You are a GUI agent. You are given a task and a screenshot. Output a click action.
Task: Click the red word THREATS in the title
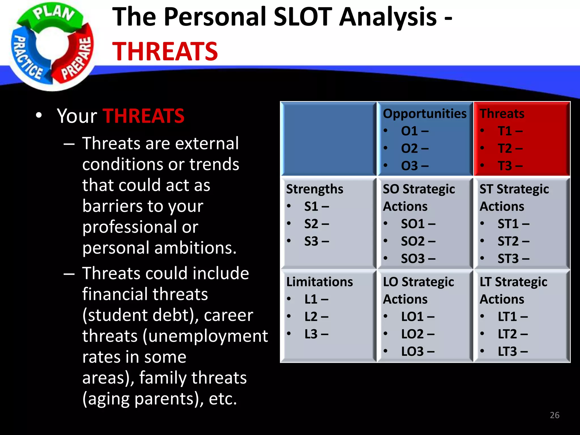[165, 52]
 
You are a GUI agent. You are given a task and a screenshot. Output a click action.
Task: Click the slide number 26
[555, 415]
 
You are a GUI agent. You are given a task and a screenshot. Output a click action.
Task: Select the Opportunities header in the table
[425, 114]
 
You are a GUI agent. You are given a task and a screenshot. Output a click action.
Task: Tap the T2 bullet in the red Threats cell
[510, 148]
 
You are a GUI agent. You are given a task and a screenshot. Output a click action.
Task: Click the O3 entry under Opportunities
[414, 166]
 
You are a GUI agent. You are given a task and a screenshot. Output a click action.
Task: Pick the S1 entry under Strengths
[316, 206]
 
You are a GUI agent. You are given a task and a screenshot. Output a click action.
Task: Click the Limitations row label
[319, 282]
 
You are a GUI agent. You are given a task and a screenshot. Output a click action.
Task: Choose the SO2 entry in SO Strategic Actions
[418, 241]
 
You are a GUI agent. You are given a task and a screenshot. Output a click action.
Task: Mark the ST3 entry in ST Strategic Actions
[513, 259]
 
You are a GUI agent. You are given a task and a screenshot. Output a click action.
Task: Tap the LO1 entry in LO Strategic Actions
[417, 317]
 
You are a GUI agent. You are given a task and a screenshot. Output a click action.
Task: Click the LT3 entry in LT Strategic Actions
[512, 351]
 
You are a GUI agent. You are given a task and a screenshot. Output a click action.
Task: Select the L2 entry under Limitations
[316, 317]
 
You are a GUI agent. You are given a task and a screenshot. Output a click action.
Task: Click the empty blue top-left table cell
[328, 139]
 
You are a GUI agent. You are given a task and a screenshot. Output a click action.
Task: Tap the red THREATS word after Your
[143, 116]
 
